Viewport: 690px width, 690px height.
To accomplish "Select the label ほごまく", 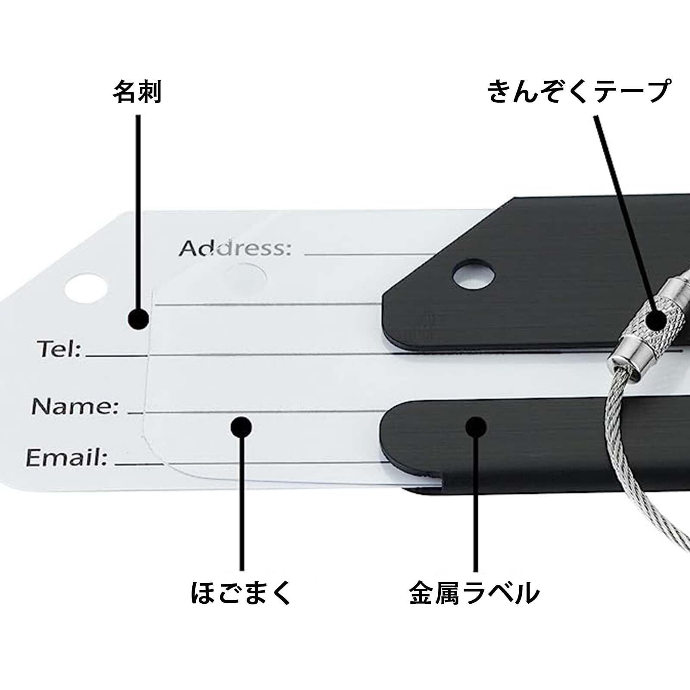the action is point(241,593).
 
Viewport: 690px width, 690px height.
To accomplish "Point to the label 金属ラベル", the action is point(474,593).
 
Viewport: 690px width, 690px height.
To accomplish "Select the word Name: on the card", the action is point(75,406).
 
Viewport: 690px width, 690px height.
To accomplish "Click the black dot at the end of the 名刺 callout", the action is point(138,320).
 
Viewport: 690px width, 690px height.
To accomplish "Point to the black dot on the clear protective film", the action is point(241,427).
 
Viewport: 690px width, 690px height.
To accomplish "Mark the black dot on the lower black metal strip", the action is point(476,427).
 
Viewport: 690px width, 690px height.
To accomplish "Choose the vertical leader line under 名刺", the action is point(138,207).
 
